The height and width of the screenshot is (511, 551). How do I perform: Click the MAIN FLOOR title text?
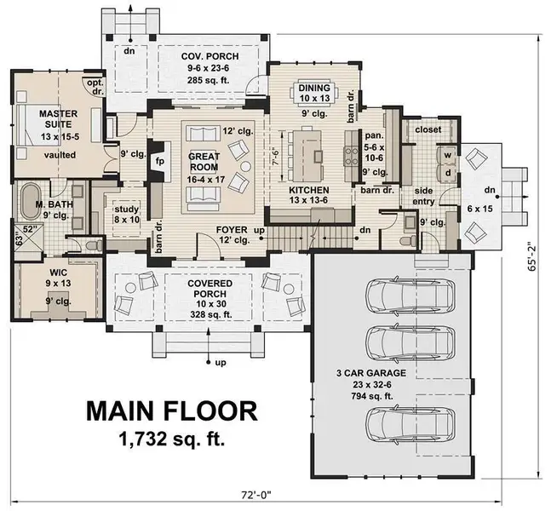tap(170, 411)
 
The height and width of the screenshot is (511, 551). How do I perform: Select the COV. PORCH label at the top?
tap(209, 56)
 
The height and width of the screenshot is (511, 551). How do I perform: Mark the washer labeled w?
tap(445, 155)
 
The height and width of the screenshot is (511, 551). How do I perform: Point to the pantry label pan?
tap(371, 135)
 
